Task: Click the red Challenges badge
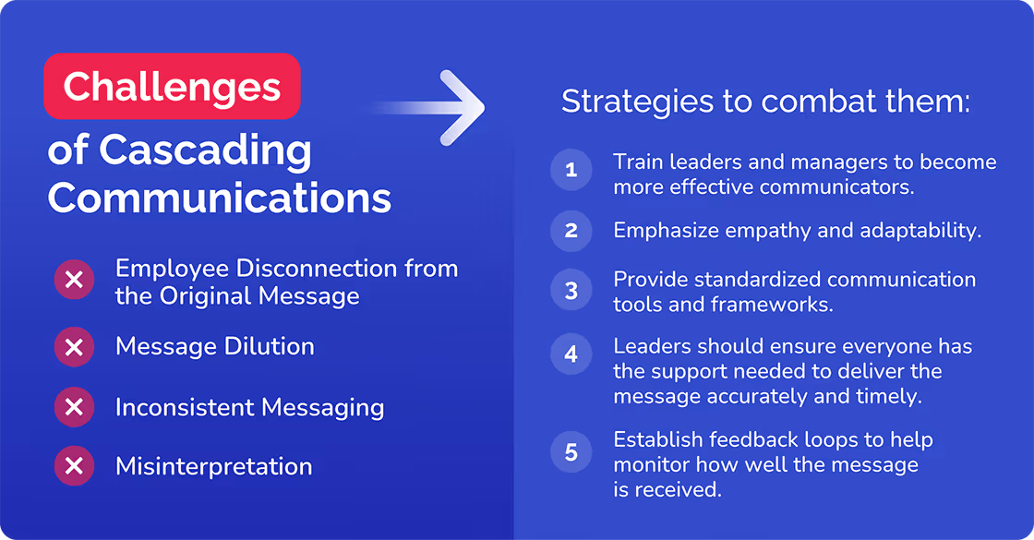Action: (172, 87)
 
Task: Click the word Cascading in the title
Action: (206, 150)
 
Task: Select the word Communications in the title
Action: (220, 198)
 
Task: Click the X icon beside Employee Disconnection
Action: (75, 281)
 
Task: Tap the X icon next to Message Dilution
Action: (75, 347)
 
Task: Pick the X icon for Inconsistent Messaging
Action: (75, 407)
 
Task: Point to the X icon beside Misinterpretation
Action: (75, 467)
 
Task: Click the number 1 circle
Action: (571, 171)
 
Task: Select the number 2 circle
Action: (571, 231)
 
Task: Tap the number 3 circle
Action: (571, 291)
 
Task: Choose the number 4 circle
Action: (571, 354)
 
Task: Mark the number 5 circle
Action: (571, 452)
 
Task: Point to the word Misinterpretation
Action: (213, 467)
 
